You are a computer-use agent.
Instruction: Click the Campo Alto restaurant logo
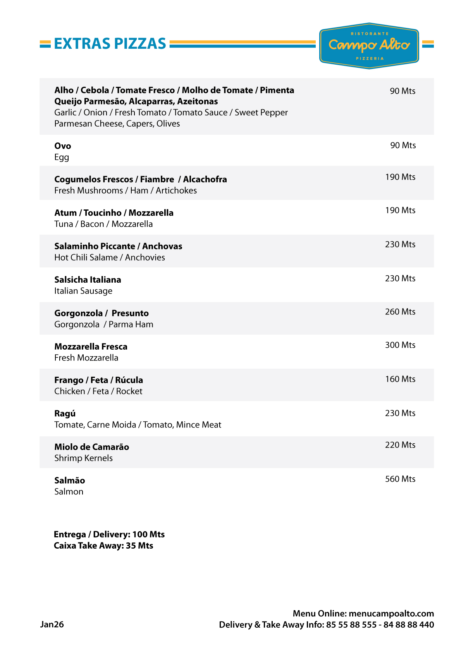coord(369,46)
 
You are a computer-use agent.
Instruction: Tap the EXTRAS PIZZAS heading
coord(110,44)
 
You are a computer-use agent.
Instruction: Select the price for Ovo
coord(403,146)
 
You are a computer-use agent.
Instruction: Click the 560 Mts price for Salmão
coord(400,479)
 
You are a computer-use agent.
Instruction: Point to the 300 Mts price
coord(400,345)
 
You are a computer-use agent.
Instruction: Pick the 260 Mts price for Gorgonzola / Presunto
coord(400,312)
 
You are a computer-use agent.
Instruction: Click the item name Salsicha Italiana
coord(88,280)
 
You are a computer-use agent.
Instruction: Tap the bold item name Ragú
coord(65,414)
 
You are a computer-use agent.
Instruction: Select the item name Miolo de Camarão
coord(91,447)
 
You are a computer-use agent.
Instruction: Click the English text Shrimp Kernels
coord(83,458)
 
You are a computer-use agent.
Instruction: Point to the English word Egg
coord(62,158)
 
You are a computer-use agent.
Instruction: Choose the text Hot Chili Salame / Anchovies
coord(110,258)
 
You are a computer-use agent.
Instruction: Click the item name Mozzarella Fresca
coord(91,347)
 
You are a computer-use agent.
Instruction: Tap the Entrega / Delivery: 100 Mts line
coord(109,535)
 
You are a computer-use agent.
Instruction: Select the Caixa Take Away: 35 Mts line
coord(103,546)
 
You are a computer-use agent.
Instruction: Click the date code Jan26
coord(52,625)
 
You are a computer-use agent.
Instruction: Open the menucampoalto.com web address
coord(391,614)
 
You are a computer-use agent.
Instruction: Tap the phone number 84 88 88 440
coord(409,625)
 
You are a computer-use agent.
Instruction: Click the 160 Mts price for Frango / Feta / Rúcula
coord(400,379)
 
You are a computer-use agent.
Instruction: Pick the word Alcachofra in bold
coord(205,180)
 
